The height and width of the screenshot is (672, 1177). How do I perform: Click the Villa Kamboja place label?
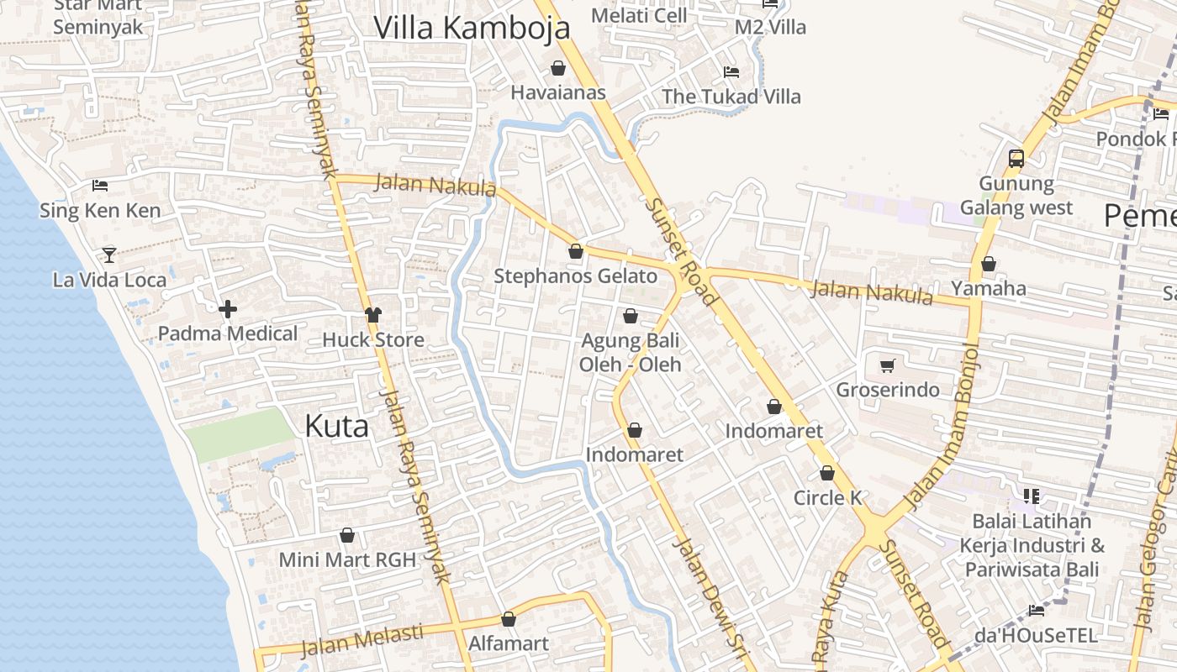point(472,28)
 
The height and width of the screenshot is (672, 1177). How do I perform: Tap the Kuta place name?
point(336,426)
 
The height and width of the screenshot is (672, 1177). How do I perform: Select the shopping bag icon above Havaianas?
point(558,68)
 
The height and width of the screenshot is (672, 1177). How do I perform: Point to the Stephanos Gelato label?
point(576,276)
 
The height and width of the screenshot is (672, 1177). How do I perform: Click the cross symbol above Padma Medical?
point(227,309)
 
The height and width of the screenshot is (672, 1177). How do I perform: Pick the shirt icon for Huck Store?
point(373,315)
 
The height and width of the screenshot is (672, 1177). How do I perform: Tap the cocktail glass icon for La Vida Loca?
point(109,255)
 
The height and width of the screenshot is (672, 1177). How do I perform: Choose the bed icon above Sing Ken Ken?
point(100,185)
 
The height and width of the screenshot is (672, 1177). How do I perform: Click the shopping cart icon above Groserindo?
point(887,365)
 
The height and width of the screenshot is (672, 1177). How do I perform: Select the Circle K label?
point(828,498)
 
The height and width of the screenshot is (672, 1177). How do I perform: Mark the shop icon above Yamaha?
point(989,265)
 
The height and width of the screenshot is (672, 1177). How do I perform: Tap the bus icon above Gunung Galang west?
point(1016,158)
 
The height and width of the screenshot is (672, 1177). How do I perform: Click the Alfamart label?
point(508,644)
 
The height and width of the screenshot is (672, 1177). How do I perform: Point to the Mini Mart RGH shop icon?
point(347,536)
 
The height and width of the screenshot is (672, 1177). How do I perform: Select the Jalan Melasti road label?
point(362,640)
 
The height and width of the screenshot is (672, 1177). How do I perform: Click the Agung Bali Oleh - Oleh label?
point(631,353)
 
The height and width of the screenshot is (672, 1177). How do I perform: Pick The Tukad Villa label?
point(731,97)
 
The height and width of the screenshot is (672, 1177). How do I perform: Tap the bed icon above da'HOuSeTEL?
point(1037,611)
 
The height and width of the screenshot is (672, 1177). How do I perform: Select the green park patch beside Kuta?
point(240,434)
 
